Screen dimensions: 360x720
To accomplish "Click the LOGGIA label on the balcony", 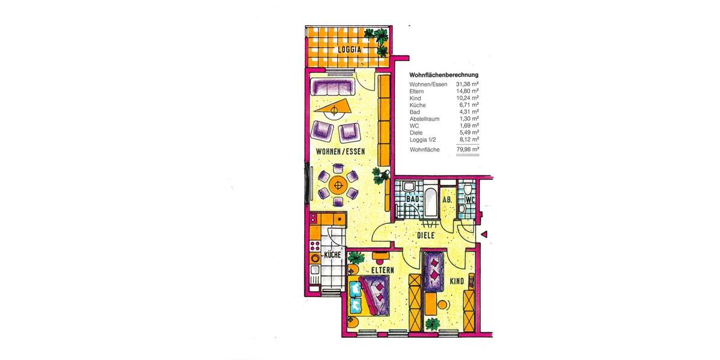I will coord(349,49).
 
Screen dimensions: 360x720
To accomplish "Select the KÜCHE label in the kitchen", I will coord(332,255).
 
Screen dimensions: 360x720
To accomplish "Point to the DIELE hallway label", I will coord(425,235).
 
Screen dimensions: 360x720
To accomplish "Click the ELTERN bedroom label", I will coord(382,270).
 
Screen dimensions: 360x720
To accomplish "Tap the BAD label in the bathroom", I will coord(412,198).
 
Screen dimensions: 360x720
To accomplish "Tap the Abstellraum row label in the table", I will coord(424,119).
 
